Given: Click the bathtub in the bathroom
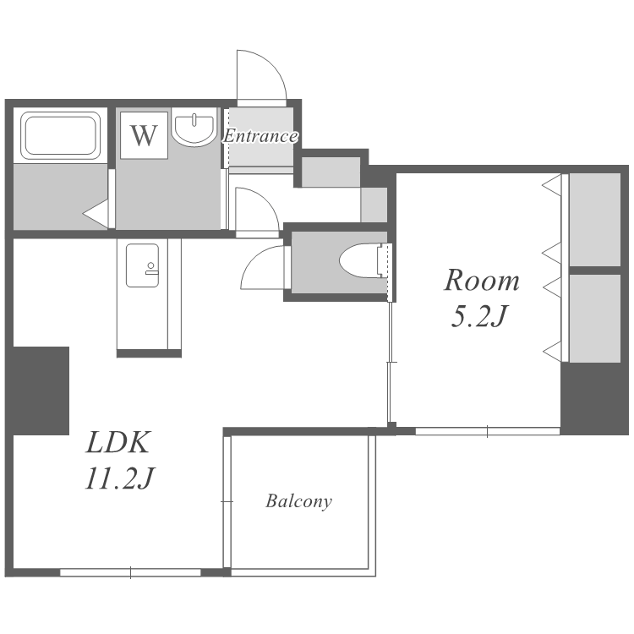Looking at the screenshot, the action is [x=61, y=135].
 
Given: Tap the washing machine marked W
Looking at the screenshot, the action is [x=144, y=135].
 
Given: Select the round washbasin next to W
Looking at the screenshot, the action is [x=194, y=126].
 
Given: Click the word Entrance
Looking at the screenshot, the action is [x=261, y=136].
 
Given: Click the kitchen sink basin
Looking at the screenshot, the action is [x=142, y=265].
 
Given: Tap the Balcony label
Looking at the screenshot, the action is [x=298, y=501].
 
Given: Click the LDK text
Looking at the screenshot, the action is [x=118, y=442].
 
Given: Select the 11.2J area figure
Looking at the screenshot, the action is [x=120, y=478].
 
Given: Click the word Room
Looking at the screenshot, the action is [x=482, y=281].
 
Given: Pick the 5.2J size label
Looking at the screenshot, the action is [x=478, y=316].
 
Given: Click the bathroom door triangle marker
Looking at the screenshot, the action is [x=96, y=213].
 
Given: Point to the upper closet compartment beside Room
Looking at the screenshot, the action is [x=595, y=220].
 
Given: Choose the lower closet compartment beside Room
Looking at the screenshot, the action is [x=595, y=318].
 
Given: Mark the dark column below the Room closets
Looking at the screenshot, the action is [x=594, y=399].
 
